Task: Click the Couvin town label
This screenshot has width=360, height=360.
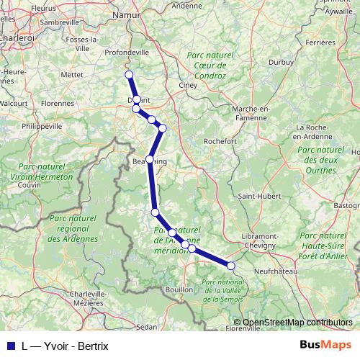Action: (30, 185)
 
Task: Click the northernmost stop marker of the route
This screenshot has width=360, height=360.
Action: (129, 75)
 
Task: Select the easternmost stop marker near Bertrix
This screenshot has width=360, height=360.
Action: (231, 266)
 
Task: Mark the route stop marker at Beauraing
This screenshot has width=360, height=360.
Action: (150, 159)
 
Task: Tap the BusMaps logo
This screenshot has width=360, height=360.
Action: (326, 345)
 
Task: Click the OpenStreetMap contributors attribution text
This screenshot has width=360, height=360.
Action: (297, 323)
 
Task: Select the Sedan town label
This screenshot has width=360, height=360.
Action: (147, 326)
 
